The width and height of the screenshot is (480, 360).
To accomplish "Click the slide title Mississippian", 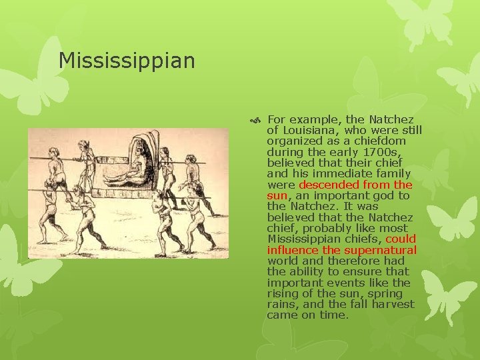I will [x=127, y=61].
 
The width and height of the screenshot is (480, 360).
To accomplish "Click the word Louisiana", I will [x=306, y=131].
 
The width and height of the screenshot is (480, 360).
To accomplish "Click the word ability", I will [x=305, y=272].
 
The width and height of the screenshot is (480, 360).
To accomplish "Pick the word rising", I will [x=283, y=293].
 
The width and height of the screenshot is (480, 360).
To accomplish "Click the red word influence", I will [x=292, y=250].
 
